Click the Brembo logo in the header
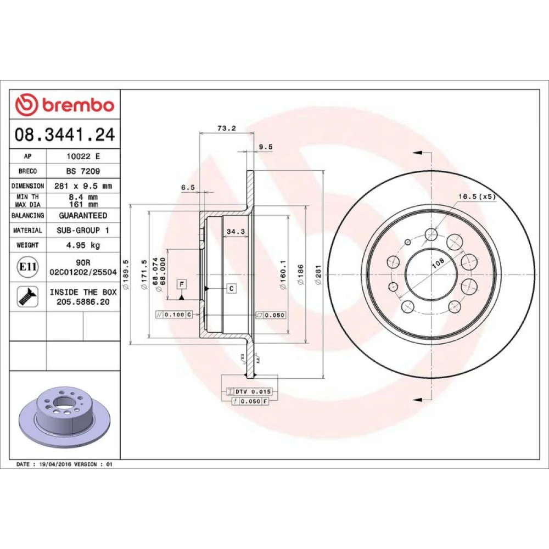[x=65, y=104]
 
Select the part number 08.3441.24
[x=65, y=135]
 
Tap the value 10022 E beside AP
[x=83, y=156]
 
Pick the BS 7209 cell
[x=83, y=171]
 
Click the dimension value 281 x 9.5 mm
[x=83, y=186]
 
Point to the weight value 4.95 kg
[x=83, y=245]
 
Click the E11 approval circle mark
[x=27, y=267]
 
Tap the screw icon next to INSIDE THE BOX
[x=27, y=297]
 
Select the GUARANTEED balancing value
[x=83, y=215]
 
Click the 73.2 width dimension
[x=227, y=128]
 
